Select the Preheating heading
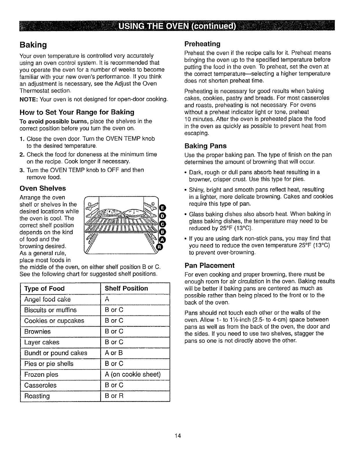click(202, 44)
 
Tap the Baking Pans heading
click(205, 146)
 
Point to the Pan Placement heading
click(210, 265)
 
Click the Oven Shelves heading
click(43, 189)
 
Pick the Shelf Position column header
click(126, 288)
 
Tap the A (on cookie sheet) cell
click(133, 374)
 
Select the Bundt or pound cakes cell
click(56, 353)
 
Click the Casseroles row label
click(40, 385)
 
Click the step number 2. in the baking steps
click(22, 154)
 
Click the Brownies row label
click(37, 332)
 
